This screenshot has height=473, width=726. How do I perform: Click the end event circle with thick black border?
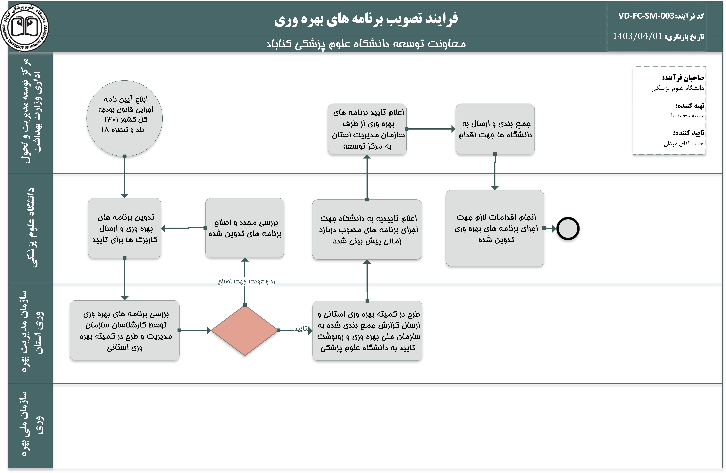tap(568, 229)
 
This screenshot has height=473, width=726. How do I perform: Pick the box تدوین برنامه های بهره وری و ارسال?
tap(124, 228)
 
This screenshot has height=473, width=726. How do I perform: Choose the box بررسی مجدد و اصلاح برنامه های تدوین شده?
tap(245, 228)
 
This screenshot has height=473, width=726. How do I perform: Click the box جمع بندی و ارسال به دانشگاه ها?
tap(495, 129)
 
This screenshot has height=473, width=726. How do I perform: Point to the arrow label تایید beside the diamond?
tap(301, 329)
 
